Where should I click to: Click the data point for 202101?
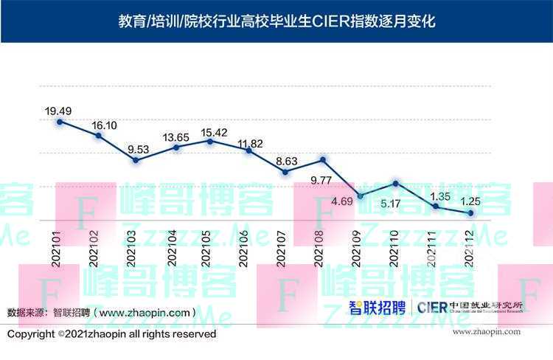click(60, 120)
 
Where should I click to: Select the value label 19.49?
click(58, 111)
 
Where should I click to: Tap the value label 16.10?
click(103, 125)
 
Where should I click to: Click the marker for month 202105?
click(211, 140)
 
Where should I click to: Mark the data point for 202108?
click(323, 159)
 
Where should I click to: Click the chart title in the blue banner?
click(276, 21)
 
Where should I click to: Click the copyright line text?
click(112, 334)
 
